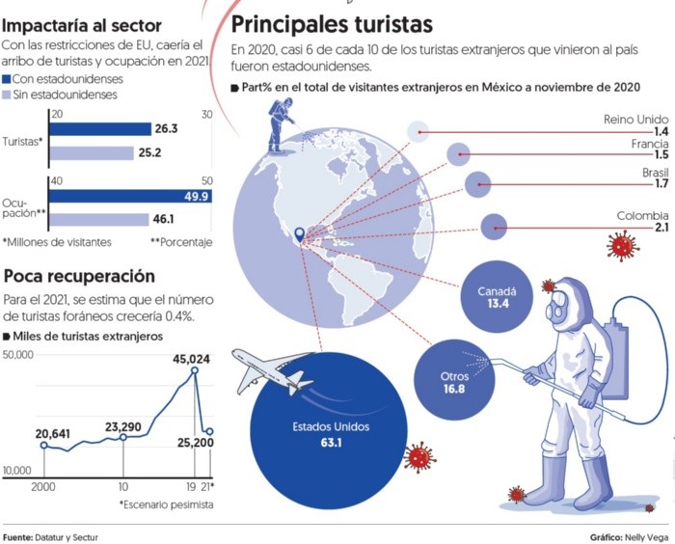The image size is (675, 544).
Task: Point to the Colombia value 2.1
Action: (x=661, y=228)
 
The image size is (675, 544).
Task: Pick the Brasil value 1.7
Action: (x=661, y=183)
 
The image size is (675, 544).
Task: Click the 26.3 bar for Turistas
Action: (x=100, y=129)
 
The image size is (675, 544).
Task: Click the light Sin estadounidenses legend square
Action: (x=8, y=95)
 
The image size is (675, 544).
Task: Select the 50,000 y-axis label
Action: (x=19, y=355)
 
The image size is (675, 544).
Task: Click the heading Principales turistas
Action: (x=332, y=23)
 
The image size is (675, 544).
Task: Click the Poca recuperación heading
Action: (x=79, y=276)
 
